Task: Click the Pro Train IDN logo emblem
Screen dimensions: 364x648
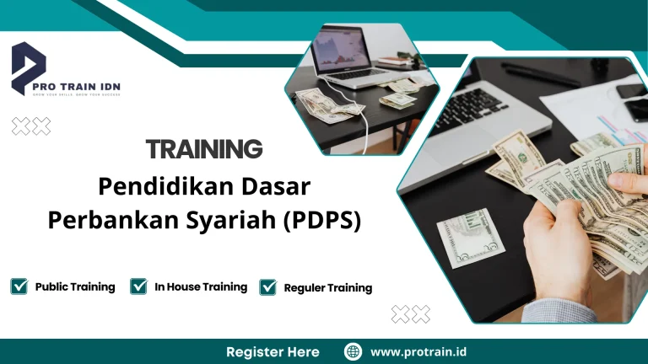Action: (29, 67)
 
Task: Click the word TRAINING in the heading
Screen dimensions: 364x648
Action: (204, 149)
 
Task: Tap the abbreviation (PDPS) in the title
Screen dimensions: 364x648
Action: (321, 220)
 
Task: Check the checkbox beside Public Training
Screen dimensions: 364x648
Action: (19, 286)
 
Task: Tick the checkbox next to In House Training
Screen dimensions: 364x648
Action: (139, 286)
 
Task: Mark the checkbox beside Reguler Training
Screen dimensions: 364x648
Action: (268, 287)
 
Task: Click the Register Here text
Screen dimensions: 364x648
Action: (273, 351)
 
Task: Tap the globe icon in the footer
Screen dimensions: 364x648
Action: (353, 351)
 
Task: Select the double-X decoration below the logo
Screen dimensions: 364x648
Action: (31, 126)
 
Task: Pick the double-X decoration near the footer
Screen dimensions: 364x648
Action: (411, 314)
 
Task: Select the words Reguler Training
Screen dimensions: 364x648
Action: (327, 288)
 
